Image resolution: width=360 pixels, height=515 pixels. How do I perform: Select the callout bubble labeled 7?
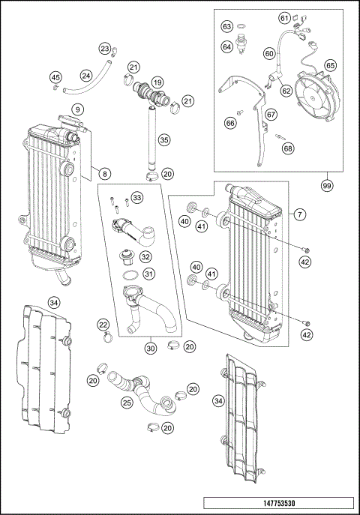point(298,214)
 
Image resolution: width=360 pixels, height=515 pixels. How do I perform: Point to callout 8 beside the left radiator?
point(104,174)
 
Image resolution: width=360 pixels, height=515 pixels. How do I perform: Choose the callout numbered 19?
point(157,82)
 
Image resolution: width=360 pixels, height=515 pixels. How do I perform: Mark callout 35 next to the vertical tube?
point(164,139)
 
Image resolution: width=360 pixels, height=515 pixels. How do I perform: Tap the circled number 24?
point(86,76)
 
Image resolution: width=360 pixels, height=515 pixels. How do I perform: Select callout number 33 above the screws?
point(136,197)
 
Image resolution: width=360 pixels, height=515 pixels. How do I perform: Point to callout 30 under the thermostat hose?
point(150,347)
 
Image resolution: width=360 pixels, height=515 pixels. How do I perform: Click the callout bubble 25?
point(127,404)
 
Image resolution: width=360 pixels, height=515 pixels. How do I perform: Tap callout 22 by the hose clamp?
point(103,323)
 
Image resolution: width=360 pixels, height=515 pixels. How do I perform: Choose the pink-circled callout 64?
point(227,46)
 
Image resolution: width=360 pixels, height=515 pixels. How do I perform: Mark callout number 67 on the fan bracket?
point(271,114)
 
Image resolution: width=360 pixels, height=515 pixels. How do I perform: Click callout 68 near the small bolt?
point(288,148)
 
